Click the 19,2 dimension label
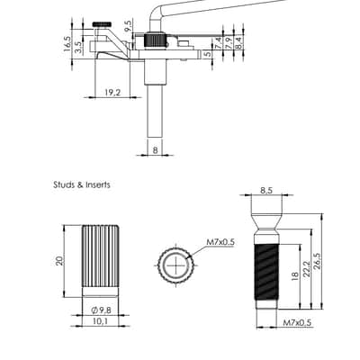click(112, 93)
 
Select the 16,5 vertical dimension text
click(67, 44)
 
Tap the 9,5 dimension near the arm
click(128, 26)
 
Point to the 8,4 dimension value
click(238, 43)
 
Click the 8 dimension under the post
click(155, 150)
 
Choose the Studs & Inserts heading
click(82, 184)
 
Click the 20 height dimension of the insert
click(61, 260)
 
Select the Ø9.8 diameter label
click(101, 310)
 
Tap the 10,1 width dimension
click(101, 321)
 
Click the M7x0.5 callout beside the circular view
click(220, 242)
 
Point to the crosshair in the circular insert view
click(175, 265)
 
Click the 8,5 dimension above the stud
click(265, 190)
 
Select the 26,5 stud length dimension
click(318, 261)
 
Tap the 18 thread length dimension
click(294, 274)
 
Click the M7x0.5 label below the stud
click(297, 323)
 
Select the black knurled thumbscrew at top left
click(103, 24)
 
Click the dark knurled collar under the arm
click(155, 40)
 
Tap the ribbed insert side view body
click(101, 261)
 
